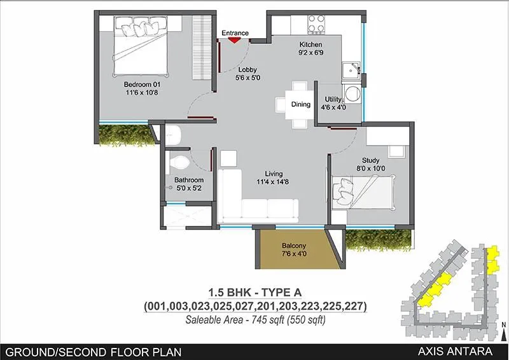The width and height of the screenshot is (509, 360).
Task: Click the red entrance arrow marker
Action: (x=234, y=39)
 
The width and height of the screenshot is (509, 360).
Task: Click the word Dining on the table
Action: (x=300, y=104)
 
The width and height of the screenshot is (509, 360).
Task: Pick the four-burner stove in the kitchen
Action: (x=316, y=24)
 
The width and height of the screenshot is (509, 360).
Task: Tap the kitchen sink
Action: (x=349, y=71)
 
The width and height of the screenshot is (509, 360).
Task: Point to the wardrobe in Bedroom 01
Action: (x=202, y=47)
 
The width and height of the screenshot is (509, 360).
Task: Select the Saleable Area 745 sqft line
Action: (x=255, y=319)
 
